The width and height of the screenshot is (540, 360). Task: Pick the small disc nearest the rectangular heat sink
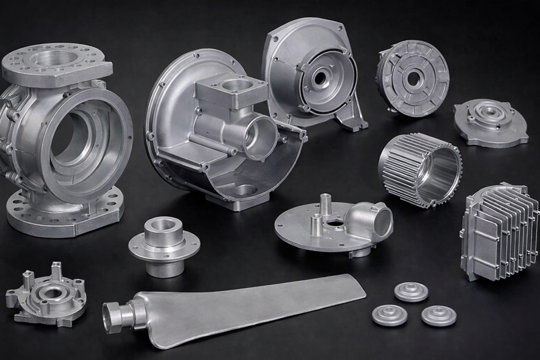coord(411,291)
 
